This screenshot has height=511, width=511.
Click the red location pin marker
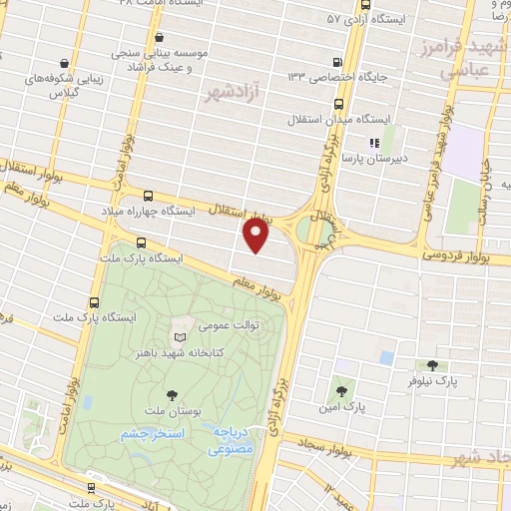256,236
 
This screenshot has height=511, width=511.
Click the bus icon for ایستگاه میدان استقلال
337,103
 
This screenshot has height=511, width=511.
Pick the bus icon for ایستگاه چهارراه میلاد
149,197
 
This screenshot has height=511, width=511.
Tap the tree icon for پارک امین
343,392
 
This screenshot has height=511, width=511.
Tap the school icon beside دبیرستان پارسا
374,143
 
